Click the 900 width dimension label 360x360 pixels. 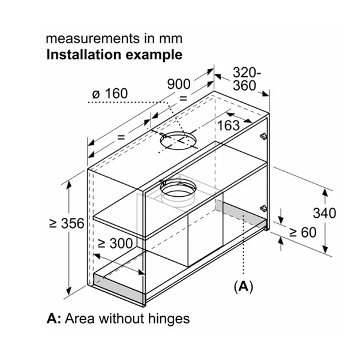coord(179,83)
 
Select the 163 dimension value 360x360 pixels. coord(227,125)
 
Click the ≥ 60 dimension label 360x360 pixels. coord(302,232)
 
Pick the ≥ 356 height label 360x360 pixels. coord(66,223)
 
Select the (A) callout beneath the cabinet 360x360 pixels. coord(243,287)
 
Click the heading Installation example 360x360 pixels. coord(114,55)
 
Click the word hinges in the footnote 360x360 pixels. coord(170,319)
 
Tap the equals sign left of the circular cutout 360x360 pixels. coord(121,137)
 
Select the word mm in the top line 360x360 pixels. coord(169,39)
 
